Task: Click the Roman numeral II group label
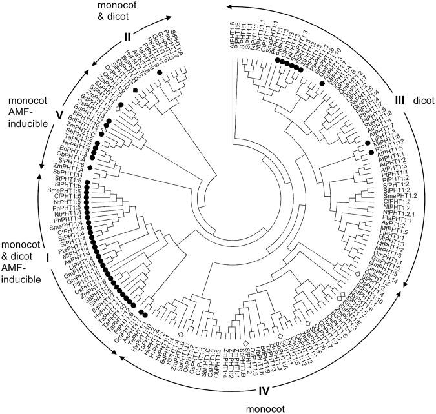click(127, 37)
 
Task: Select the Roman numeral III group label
click(399, 100)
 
